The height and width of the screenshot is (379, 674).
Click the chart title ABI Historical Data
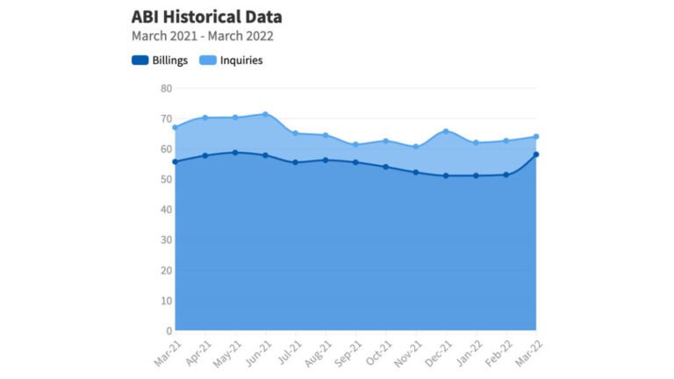206,18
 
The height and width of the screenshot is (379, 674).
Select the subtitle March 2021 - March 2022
202,37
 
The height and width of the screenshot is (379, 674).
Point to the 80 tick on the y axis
166,89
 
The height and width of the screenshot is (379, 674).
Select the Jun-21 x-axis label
255,352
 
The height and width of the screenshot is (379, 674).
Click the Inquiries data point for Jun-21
265,114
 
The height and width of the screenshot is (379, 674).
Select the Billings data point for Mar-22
536,154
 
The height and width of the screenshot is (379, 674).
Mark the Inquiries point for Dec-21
446,132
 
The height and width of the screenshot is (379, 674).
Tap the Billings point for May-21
235,153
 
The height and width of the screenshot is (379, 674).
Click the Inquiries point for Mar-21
176,127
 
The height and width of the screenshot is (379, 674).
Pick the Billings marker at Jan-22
476,175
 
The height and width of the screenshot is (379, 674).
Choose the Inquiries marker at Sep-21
355,145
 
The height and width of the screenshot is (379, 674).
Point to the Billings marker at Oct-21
385,167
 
